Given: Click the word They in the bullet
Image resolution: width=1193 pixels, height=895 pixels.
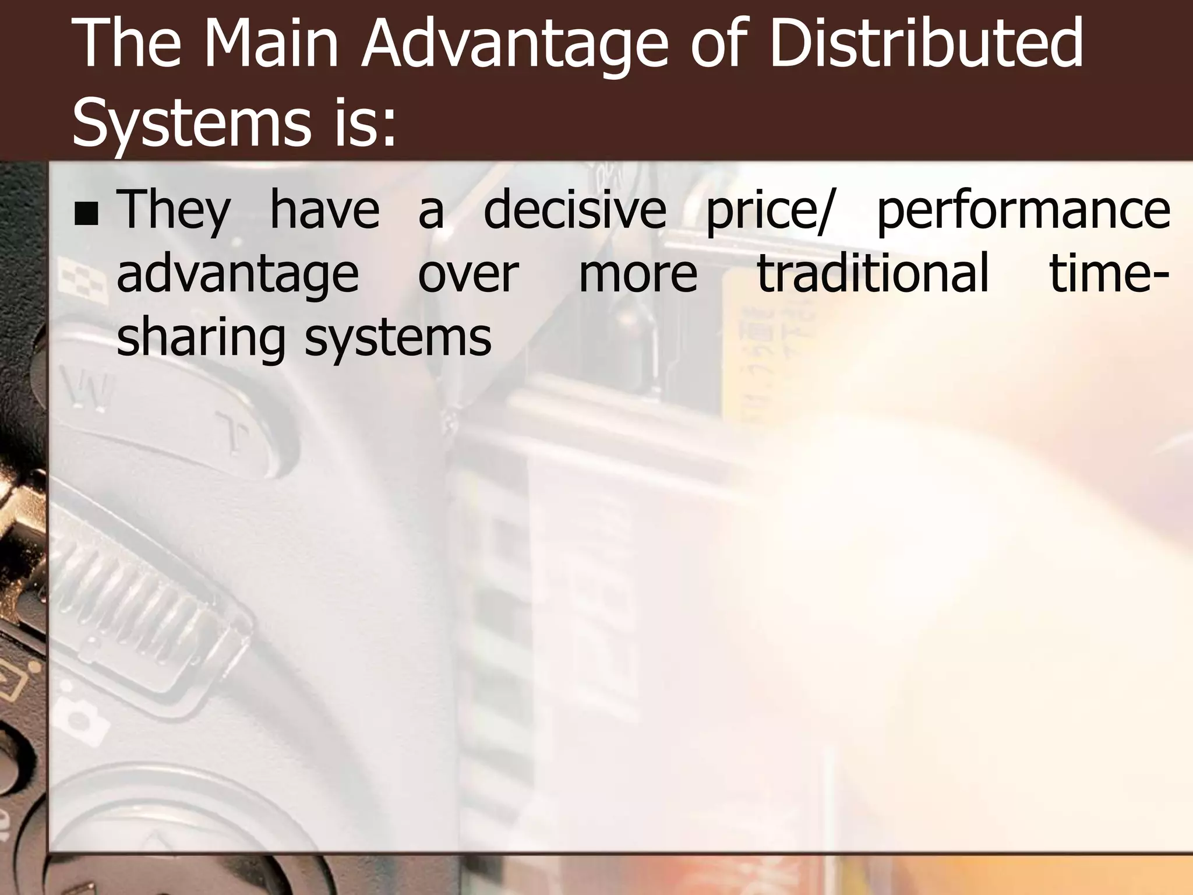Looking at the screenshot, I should point(174,211).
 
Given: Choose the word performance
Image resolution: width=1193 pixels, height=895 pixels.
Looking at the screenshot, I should point(1023,211).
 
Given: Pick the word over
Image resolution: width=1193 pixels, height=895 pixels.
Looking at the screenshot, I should point(468,274).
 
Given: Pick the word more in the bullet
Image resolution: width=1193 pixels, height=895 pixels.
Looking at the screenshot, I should point(638,274).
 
